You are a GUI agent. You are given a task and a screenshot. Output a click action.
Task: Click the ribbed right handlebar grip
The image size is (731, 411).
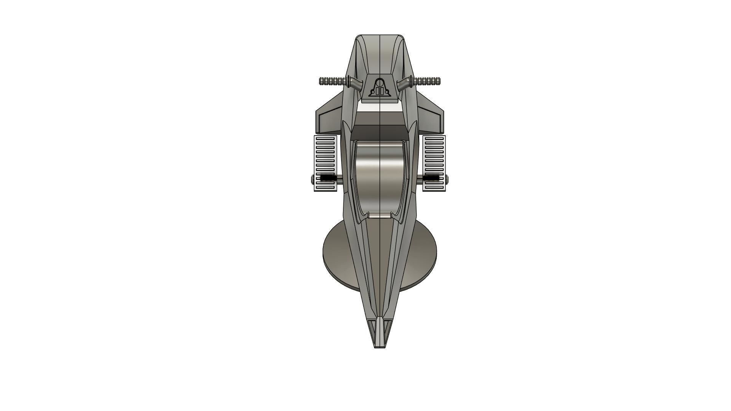click(428, 81)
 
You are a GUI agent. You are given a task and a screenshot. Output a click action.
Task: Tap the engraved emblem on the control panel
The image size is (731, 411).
click(380, 88)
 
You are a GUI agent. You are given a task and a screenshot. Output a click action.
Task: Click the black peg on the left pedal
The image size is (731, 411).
click(327, 178)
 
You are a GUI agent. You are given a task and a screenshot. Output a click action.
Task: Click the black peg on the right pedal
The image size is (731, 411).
click(432, 178)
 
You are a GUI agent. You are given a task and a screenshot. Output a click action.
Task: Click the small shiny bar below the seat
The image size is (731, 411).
click(380, 216)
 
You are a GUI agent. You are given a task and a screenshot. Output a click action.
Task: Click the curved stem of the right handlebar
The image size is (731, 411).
click(404, 84)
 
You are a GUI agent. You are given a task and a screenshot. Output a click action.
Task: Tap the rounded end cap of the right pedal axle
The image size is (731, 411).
click(447, 178)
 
